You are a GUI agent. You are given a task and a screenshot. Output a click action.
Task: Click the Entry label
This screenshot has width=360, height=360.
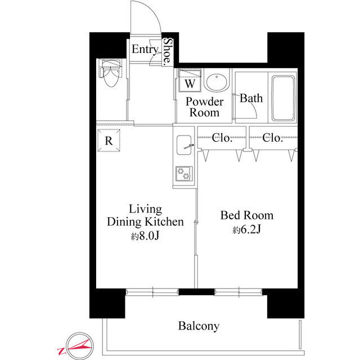(x=145, y=49)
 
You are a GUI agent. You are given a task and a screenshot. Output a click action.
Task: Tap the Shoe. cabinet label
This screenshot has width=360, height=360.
(x=168, y=52)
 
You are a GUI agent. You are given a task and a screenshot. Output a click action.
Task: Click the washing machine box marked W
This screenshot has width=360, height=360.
(x=190, y=83)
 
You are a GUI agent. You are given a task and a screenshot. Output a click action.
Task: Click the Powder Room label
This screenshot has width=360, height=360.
(x=204, y=107)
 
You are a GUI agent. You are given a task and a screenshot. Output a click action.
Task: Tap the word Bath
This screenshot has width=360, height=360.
(x=251, y=98)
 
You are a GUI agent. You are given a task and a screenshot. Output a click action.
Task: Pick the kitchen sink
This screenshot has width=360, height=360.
(x=184, y=147)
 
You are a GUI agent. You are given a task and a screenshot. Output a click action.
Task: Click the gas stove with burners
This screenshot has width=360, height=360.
(x=184, y=173)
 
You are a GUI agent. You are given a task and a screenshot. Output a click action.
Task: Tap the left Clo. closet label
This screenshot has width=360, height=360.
(x=222, y=137)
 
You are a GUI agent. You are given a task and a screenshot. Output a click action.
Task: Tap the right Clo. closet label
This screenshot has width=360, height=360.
(x=272, y=137)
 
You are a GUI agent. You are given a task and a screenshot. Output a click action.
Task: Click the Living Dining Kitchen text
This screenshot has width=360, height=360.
(x=145, y=215)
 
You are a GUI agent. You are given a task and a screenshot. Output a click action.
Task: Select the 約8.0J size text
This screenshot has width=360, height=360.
(x=146, y=236)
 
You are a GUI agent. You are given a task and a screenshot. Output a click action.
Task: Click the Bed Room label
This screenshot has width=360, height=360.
(x=247, y=215)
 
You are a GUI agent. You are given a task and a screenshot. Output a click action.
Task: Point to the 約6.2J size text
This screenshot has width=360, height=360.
(x=247, y=231)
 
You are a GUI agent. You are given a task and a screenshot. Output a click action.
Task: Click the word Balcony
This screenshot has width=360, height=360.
(x=199, y=326)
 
